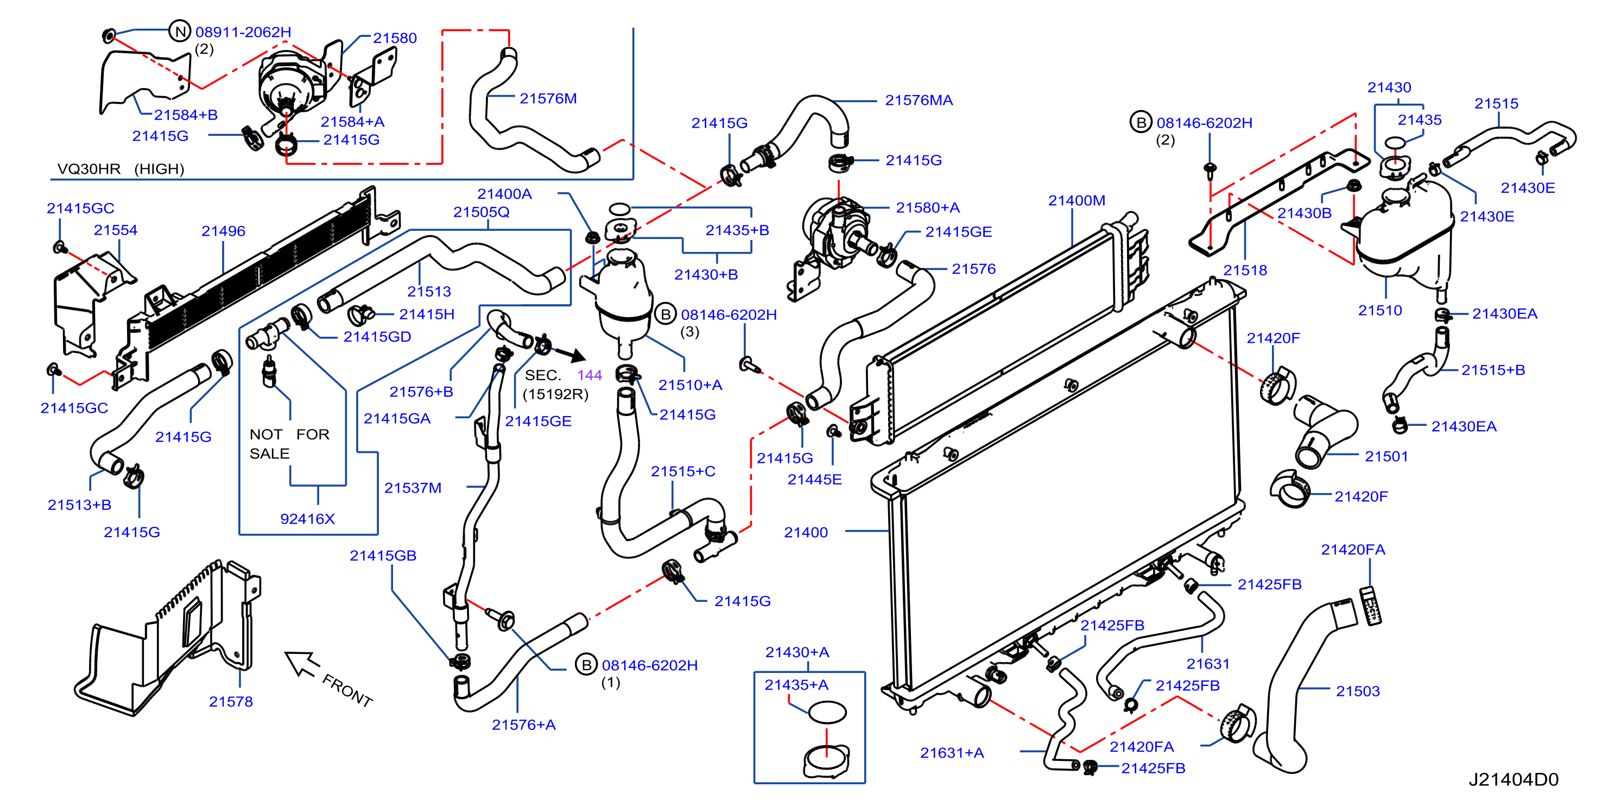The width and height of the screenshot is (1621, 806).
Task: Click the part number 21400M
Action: tap(1076, 200)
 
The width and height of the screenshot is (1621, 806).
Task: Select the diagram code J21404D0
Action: tap(1514, 779)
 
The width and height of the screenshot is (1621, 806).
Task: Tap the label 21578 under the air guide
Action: tap(231, 702)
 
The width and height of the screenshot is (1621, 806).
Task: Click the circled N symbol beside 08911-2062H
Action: tap(180, 31)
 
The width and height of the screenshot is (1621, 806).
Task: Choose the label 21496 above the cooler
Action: tap(224, 231)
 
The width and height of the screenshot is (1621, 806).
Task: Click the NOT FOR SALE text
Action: tap(289, 444)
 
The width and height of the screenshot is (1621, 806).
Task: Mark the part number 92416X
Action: tap(307, 519)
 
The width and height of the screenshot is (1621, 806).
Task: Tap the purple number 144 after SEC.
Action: tap(590, 375)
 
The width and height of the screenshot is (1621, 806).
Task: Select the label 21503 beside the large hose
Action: tap(1358, 691)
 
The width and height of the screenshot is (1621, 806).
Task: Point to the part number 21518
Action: tap(1245, 270)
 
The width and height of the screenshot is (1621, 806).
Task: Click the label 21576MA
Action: tap(919, 100)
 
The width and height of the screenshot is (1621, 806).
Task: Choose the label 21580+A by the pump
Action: tap(928, 208)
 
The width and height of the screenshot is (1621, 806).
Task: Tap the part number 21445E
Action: tap(814, 479)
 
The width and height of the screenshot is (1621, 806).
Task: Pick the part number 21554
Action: tap(116, 230)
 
